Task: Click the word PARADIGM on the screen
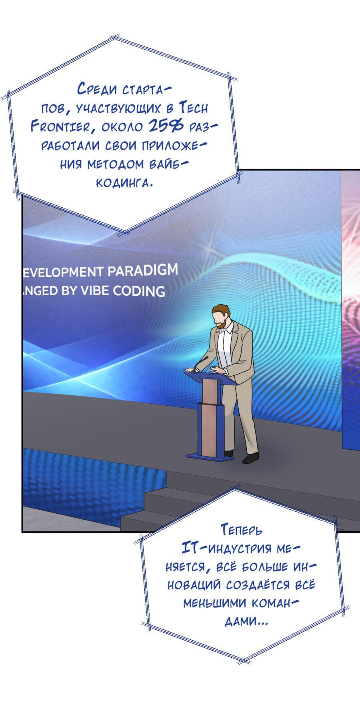142,270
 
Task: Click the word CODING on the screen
139,291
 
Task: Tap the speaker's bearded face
220,321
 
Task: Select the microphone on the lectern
202,363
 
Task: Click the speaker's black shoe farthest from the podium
251,458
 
